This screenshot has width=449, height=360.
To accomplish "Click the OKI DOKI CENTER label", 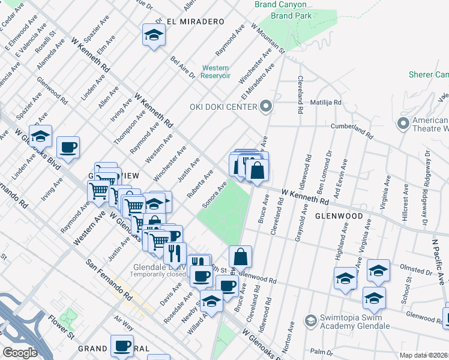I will (x=223, y=107).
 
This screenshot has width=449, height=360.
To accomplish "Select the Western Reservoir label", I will (x=216, y=71).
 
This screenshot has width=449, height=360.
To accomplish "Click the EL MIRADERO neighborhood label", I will (x=187, y=22).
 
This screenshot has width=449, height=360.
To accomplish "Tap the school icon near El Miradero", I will (x=154, y=35).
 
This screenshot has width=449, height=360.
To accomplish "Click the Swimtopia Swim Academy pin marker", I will (x=310, y=321).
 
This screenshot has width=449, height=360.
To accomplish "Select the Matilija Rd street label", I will (x=326, y=103).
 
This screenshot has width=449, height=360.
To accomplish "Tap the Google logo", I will (x=19, y=353).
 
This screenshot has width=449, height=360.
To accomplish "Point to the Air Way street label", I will (x=125, y=325).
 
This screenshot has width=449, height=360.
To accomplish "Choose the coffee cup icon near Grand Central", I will (x=122, y=346).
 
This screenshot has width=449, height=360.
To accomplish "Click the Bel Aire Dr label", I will (x=183, y=67).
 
